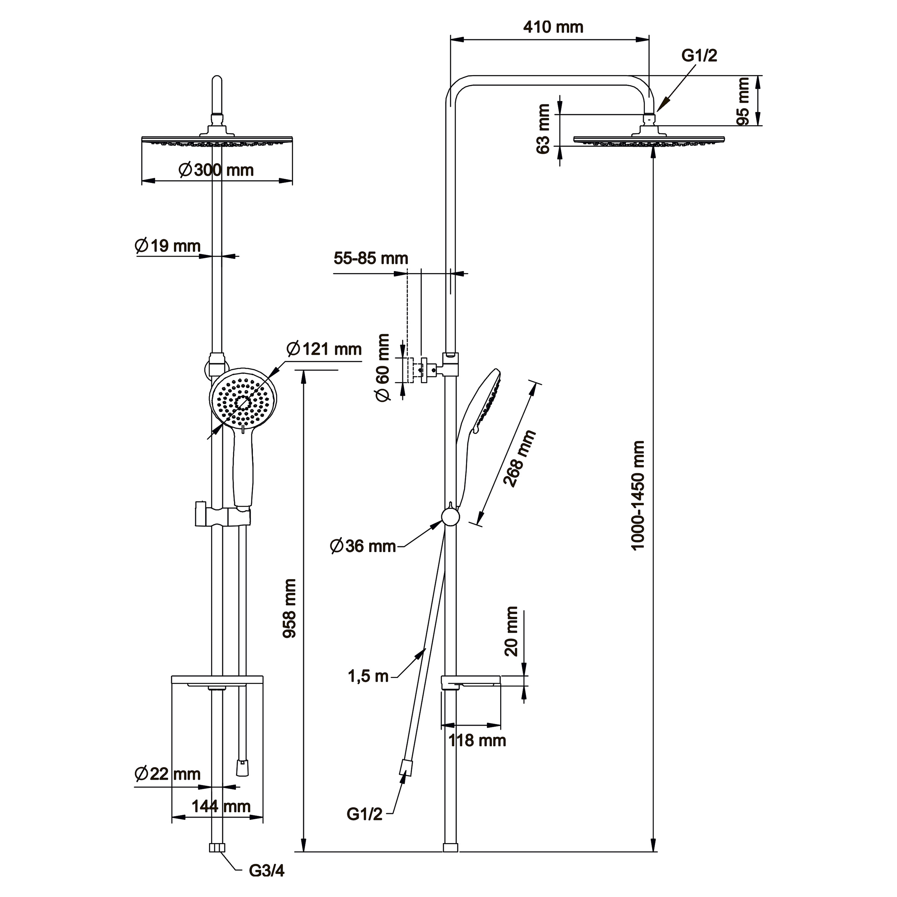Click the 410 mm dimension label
click(x=553, y=27)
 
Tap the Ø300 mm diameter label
click(x=216, y=170)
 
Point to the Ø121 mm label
click(x=324, y=349)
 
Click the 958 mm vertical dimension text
click(x=290, y=608)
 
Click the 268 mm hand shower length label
click(x=520, y=459)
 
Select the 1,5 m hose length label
click(x=368, y=676)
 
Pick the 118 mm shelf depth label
click(x=477, y=741)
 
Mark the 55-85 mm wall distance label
click(x=371, y=258)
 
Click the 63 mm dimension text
click(x=543, y=129)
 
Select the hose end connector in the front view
click(x=242, y=768)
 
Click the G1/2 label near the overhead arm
click(x=699, y=56)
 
